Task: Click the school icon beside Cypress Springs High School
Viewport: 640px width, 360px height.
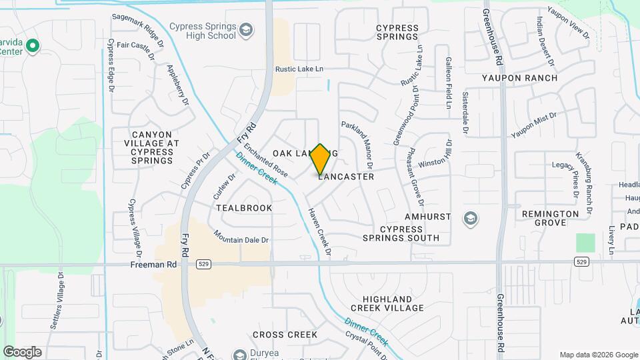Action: [x=246, y=30]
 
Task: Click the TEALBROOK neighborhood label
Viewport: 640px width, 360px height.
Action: [x=244, y=208]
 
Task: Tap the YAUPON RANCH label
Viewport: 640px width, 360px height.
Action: [x=519, y=78]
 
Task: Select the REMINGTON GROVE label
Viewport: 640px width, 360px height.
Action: [x=550, y=218]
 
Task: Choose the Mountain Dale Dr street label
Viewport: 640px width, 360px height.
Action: [x=241, y=237]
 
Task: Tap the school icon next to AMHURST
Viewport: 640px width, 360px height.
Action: [x=471, y=217]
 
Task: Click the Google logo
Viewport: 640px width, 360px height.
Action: [x=22, y=352]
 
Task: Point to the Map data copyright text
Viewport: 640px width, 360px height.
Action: [x=598, y=355]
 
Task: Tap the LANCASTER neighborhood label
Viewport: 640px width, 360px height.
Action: [x=346, y=177]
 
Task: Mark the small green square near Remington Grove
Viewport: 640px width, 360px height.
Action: [x=585, y=243]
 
